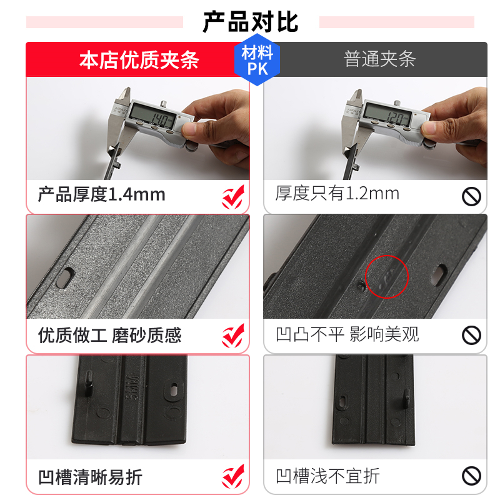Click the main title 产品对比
251,22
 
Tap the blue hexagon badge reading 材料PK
257,60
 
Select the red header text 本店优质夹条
139,60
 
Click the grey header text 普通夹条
379,59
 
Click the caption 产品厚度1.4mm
102,194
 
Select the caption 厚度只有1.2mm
337,194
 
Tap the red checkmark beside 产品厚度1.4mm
233,197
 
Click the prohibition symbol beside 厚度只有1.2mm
471,196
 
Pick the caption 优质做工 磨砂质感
110,335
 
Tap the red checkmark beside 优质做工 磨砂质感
233,336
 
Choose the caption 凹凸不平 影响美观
347,334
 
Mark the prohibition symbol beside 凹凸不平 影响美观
471,335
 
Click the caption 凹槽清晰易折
90,477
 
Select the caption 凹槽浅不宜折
327,476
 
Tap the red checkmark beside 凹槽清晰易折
233,476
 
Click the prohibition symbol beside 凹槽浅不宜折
471,476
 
